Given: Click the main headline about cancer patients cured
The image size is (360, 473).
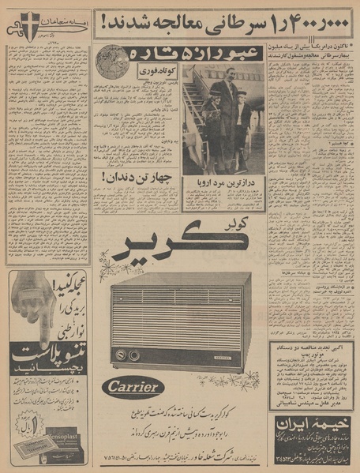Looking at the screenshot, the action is coord(225,24).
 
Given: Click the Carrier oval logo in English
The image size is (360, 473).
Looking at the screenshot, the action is coord(133,387).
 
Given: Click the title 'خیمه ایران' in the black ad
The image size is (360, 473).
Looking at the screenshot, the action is coord(312,423).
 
